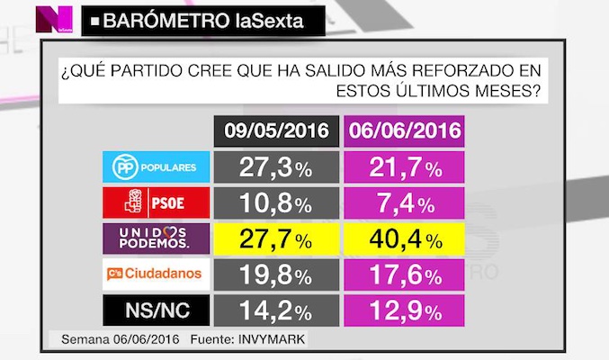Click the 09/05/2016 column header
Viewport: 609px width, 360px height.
coord(275,130)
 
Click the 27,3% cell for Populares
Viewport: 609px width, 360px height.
coord(275,168)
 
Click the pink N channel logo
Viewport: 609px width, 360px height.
coord(53,17)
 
